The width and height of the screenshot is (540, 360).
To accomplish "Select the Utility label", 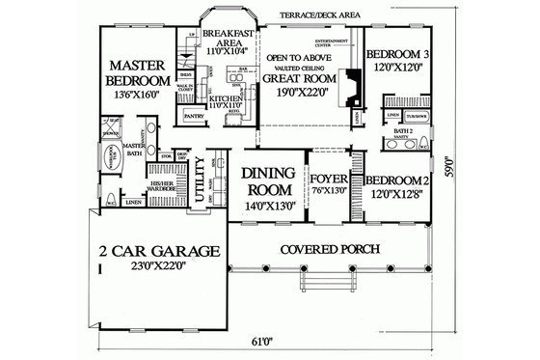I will [x=200, y=180].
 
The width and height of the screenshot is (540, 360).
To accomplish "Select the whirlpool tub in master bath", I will [x=106, y=157].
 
